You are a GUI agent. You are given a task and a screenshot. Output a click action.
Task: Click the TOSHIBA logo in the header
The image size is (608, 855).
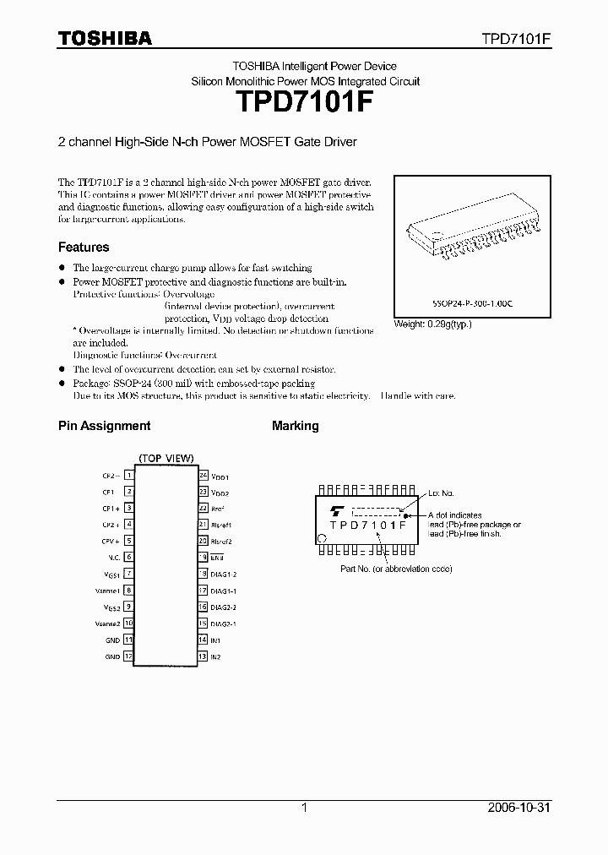point(105,38)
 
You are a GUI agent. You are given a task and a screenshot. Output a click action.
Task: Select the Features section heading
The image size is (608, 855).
point(84,248)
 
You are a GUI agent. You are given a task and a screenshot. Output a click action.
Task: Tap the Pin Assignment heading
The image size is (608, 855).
point(104,426)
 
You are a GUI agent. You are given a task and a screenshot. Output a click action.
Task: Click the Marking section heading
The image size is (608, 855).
point(295,426)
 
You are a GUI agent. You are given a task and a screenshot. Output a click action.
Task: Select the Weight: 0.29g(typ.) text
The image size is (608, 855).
point(433,324)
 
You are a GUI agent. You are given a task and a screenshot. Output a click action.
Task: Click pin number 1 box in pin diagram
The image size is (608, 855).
point(129,476)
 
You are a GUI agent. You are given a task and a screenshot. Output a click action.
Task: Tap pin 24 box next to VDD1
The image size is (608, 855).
point(203,476)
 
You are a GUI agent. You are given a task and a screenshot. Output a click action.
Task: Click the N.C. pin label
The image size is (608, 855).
point(113,557)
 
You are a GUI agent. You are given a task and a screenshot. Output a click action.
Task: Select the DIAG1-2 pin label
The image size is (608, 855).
point(223,574)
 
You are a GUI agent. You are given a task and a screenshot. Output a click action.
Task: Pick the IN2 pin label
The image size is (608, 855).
point(216,656)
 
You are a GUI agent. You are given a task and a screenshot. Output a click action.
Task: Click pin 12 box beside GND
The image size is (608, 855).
point(129,656)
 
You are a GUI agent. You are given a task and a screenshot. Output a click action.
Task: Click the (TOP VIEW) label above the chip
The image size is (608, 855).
point(166,458)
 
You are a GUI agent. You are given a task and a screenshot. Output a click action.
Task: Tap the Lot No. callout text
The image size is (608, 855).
point(441,493)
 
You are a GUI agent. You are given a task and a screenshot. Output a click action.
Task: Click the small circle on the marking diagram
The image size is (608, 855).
point(321,537)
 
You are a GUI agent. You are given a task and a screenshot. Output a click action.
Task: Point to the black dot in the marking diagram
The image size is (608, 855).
point(405,515)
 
